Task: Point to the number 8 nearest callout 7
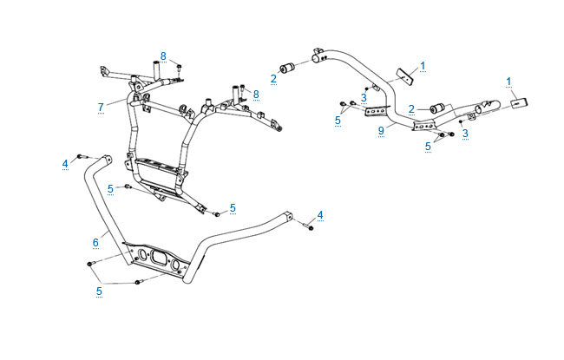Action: (162, 57)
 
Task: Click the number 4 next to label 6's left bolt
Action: (64, 163)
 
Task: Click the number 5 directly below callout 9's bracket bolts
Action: (428, 147)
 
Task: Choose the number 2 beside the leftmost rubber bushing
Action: (273, 78)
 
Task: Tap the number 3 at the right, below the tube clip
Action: (465, 133)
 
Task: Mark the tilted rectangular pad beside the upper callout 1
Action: (403, 76)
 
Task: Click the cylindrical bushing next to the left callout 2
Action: (289, 69)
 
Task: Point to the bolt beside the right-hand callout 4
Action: (308, 227)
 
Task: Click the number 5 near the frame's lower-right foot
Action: (233, 208)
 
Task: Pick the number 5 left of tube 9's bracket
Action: (338, 121)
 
